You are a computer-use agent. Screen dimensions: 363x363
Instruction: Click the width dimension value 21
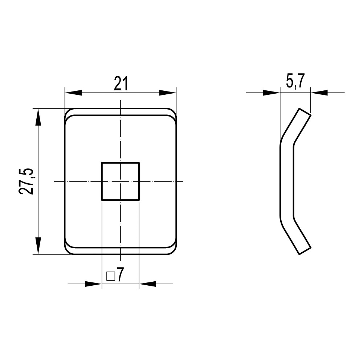(121, 83)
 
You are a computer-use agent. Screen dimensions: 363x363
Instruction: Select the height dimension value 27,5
(26, 181)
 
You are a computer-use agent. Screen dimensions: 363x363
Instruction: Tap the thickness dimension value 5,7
(295, 81)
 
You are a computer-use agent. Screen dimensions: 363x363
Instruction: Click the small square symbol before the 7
(111, 276)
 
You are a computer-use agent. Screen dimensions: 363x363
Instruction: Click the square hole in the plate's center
(121, 181)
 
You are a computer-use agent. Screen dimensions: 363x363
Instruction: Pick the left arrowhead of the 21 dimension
(73, 93)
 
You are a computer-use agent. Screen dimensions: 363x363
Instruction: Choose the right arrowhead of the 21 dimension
(168, 93)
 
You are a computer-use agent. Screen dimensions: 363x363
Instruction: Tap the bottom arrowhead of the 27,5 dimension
(39, 246)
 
